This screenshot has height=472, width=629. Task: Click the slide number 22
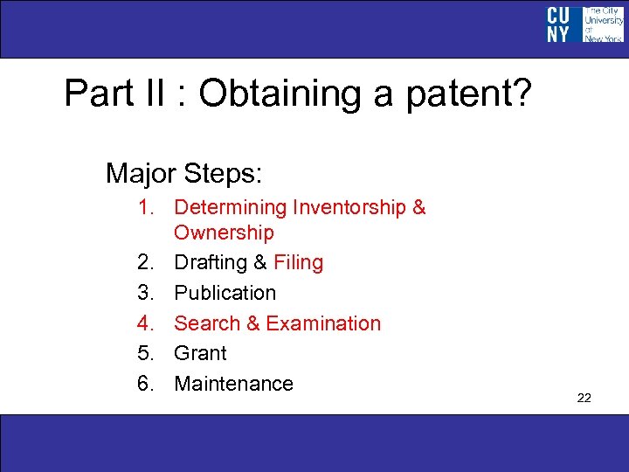pyautogui.click(x=584, y=399)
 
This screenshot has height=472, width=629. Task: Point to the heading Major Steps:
pyautogui.click(x=183, y=173)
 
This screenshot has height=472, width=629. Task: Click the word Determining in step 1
pyautogui.click(x=231, y=207)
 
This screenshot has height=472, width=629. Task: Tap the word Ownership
pyautogui.click(x=224, y=233)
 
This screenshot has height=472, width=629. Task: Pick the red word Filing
pyautogui.click(x=298, y=262)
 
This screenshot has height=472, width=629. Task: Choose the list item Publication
pyautogui.click(x=225, y=293)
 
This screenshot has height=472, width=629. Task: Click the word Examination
pyautogui.click(x=323, y=323)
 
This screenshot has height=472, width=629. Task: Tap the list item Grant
pyautogui.click(x=200, y=353)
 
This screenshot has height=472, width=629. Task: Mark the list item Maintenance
pyautogui.click(x=233, y=384)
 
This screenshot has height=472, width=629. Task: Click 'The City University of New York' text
pyautogui.click(x=603, y=24)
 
